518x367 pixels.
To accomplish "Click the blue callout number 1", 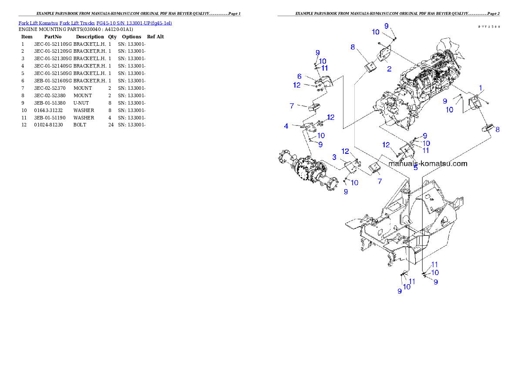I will [481, 88].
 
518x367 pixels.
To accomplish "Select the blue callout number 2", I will [389, 68].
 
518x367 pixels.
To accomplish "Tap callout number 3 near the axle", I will [334, 156].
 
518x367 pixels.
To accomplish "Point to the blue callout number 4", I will [286, 126].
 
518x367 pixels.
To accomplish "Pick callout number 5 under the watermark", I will [415, 168].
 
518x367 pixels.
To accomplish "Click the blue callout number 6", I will [299, 76].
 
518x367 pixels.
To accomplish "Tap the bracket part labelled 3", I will [350, 168].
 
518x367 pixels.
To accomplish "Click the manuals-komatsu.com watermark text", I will [427, 164].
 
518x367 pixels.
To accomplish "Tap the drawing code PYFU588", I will [489, 27].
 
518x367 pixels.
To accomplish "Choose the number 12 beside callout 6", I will [297, 85].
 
